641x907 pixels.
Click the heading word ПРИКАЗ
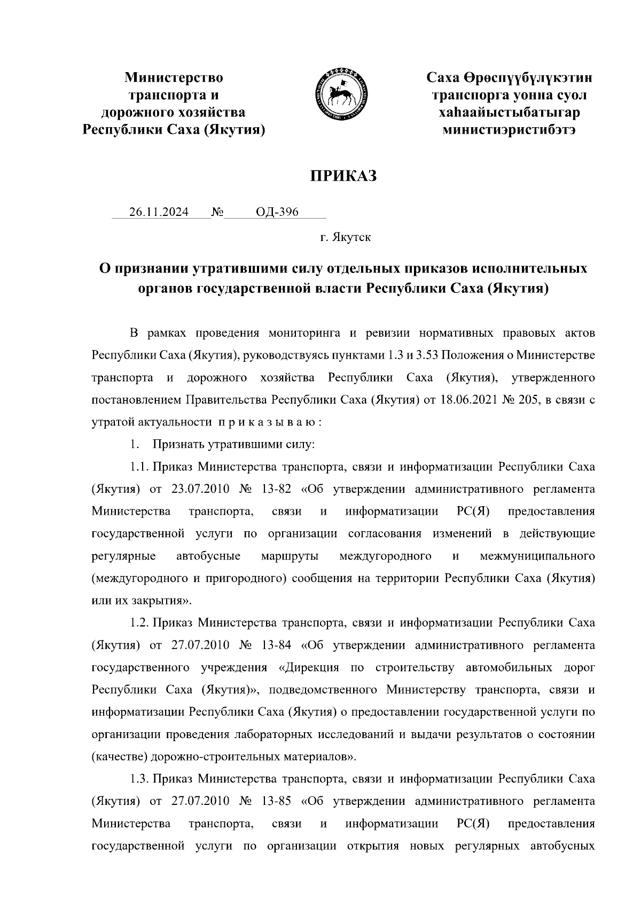point(345,176)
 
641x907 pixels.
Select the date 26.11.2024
point(159,212)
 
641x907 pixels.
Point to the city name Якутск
point(353,237)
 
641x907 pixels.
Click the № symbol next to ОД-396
point(217,212)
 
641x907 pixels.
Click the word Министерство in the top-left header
point(174,78)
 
